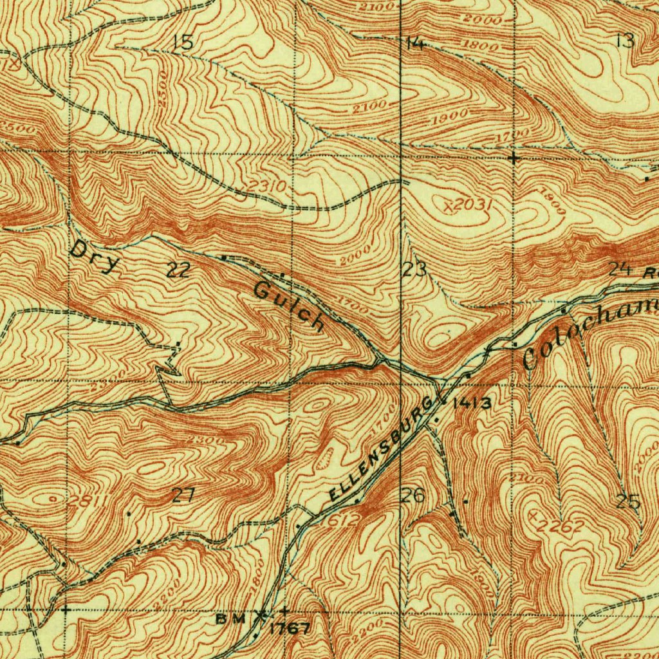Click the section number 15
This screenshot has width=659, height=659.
coord(183,43)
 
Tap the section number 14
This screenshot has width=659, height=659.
coord(416,44)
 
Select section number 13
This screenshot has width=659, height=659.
coord(624,41)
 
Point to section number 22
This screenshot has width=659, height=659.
coord(178,271)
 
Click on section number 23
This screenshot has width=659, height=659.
coord(415,270)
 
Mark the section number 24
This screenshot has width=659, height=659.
coord(619,269)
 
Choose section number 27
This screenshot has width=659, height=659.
coord(183,495)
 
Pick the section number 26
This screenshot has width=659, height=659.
coord(413,496)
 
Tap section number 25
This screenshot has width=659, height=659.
coord(628,501)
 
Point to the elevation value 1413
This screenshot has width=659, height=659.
coord(472,404)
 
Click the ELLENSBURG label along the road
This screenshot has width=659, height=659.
coord(379,449)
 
